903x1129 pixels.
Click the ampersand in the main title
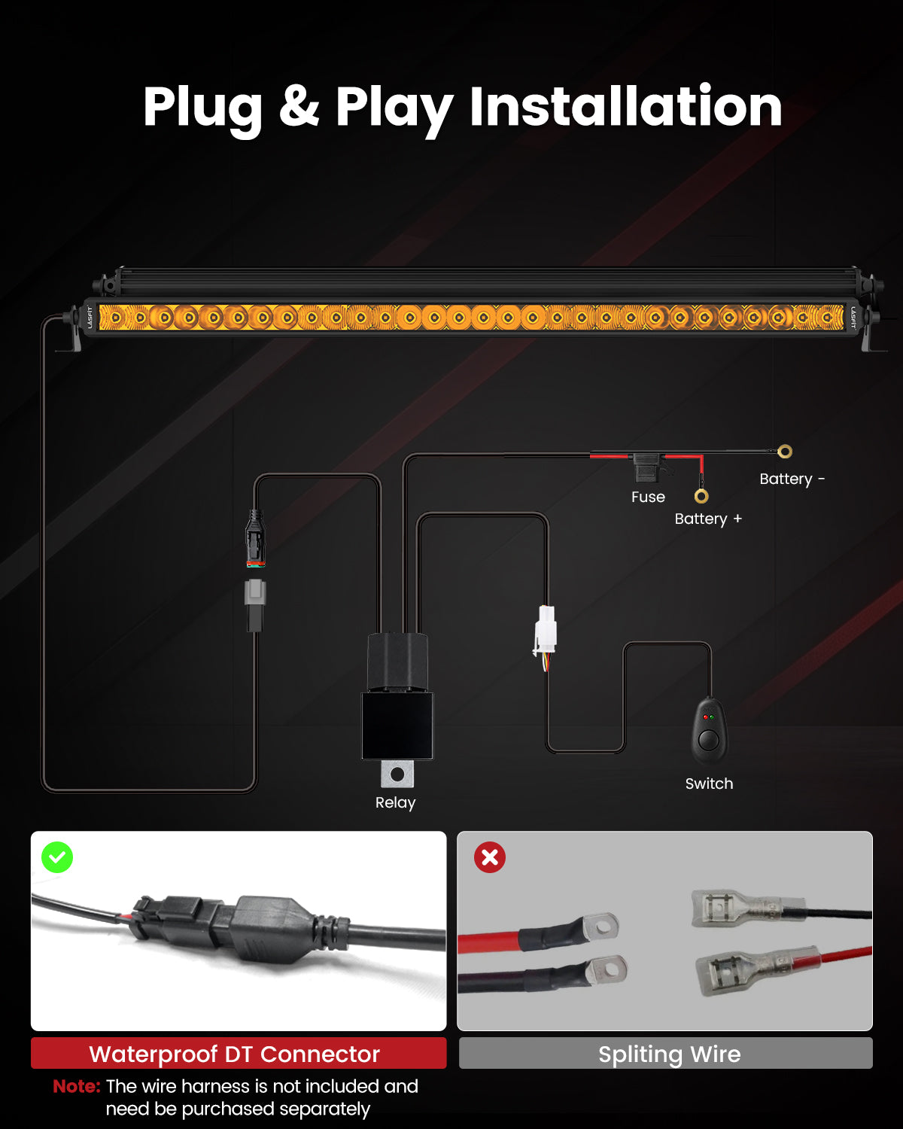(x=299, y=106)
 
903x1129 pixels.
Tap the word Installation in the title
(x=626, y=106)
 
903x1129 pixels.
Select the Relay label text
(x=395, y=802)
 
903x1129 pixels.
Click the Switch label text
(x=709, y=784)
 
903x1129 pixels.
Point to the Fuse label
(x=648, y=497)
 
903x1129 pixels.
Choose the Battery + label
(x=708, y=519)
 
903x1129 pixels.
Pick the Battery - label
(x=792, y=479)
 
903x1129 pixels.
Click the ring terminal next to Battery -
(x=785, y=451)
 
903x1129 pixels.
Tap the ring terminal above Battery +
(x=701, y=496)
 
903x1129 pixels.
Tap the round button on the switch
(x=709, y=741)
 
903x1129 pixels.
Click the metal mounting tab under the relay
(x=397, y=774)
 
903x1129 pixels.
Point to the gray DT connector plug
(x=255, y=593)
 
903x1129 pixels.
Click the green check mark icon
(x=57, y=857)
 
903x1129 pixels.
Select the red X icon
(x=490, y=857)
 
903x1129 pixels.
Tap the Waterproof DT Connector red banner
(x=239, y=1053)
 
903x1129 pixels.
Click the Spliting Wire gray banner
(x=665, y=1053)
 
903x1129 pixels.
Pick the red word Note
(x=77, y=1086)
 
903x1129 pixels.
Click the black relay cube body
(x=398, y=726)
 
